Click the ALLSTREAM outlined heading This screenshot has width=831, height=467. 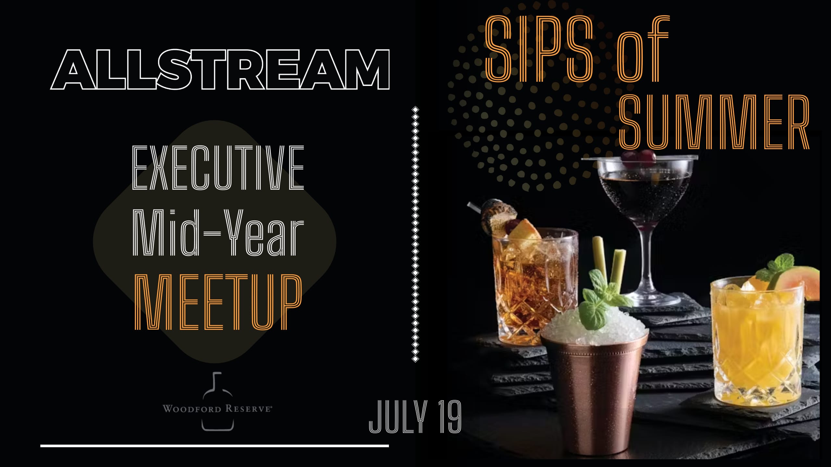coord(220,69)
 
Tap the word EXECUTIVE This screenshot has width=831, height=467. coord(218,168)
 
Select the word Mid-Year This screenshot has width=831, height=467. coord(218,233)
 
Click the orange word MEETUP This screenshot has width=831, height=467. coord(218,302)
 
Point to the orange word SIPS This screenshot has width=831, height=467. coord(539,49)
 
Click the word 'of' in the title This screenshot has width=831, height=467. coord(643,49)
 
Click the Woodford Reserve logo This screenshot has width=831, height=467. coord(217,401)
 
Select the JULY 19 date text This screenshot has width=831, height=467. coord(415,416)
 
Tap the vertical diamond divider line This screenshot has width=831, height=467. coord(415,234)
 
